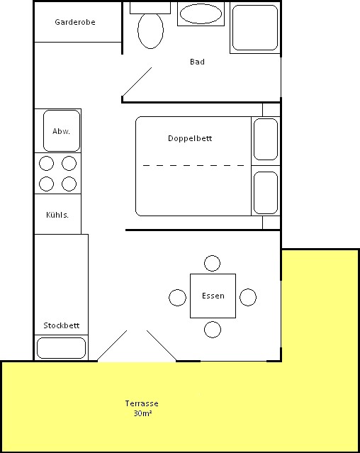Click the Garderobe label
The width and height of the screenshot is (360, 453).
pyautogui.click(x=75, y=22)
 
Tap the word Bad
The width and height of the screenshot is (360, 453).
pyautogui.click(x=198, y=62)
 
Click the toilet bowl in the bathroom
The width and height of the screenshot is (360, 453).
pyautogui.click(x=150, y=30)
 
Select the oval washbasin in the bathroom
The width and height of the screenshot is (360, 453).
pyautogui.click(x=201, y=13)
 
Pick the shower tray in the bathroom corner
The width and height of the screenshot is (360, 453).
pyautogui.click(x=255, y=28)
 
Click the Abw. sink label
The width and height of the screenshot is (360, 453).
pyautogui.click(x=61, y=131)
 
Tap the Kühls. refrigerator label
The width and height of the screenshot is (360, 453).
pyautogui.click(x=57, y=215)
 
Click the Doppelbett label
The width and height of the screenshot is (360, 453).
pyautogui.click(x=190, y=138)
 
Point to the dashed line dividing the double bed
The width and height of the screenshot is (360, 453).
pyautogui.click(x=193, y=166)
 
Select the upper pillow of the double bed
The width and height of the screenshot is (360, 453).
pyautogui.click(x=266, y=139)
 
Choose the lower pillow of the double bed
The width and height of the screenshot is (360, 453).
pyautogui.click(x=266, y=193)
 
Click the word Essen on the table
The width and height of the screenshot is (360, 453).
pyautogui.click(x=213, y=296)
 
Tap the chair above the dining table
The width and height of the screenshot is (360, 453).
pyautogui.click(x=212, y=263)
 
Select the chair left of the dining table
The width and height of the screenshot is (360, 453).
pyautogui.click(x=177, y=298)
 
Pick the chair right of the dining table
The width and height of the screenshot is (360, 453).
pyautogui.click(x=248, y=297)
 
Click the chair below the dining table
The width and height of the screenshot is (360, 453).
pyautogui.click(x=213, y=330)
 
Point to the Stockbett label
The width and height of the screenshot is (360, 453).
pyautogui.click(x=62, y=325)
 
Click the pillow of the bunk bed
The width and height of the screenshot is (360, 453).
pyautogui.click(x=61, y=348)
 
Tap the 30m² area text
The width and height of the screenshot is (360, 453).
pyautogui.click(x=142, y=413)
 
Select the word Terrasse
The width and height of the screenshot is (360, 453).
pyautogui.click(x=142, y=403)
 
